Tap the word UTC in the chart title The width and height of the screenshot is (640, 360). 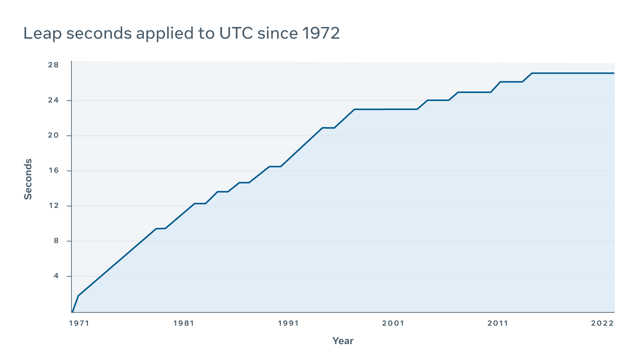click(x=236, y=33)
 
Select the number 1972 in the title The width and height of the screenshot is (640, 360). click(x=321, y=33)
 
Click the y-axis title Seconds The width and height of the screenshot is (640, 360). click(x=28, y=179)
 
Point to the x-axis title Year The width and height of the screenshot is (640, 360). click(x=343, y=341)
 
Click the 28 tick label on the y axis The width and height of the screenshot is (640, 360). click(x=53, y=65)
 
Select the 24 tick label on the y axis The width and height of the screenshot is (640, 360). click(x=53, y=100)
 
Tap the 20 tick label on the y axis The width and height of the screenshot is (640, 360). click(x=53, y=135)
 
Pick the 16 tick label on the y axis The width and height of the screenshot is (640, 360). click(x=53, y=170)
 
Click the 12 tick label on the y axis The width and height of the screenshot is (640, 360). click(x=54, y=206)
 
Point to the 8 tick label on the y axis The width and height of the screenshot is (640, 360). click(x=56, y=241)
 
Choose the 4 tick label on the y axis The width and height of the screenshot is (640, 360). click(x=56, y=276)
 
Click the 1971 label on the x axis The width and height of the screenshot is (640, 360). click(x=79, y=323)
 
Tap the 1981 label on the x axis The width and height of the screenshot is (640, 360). click(x=184, y=323)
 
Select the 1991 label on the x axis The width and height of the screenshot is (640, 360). click(x=288, y=323)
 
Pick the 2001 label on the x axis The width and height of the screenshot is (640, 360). click(x=393, y=323)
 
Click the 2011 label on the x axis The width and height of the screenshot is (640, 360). click(x=498, y=323)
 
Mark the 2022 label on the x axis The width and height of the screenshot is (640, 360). click(x=602, y=323)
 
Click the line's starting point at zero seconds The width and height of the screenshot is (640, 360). click(x=72, y=312)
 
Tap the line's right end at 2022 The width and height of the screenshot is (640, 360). click(x=613, y=73)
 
